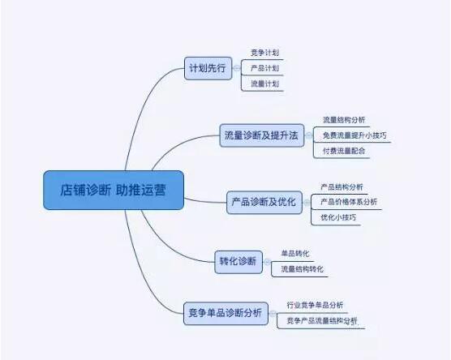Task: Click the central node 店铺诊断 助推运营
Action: point(114,191)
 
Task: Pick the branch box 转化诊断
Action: point(238,261)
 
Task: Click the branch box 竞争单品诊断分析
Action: point(225,312)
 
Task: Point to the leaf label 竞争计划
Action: point(265,53)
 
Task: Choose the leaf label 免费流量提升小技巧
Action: point(355,135)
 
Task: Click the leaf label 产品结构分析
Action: point(341,186)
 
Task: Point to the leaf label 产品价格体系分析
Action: point(348,202)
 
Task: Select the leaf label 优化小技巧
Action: point(337,217)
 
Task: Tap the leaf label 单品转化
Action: point(295,253)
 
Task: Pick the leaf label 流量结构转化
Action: point(302,268)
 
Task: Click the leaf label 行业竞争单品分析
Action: point(315,305)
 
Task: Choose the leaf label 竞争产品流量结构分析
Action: point(321,321)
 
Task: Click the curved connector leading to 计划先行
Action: point(146,105)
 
